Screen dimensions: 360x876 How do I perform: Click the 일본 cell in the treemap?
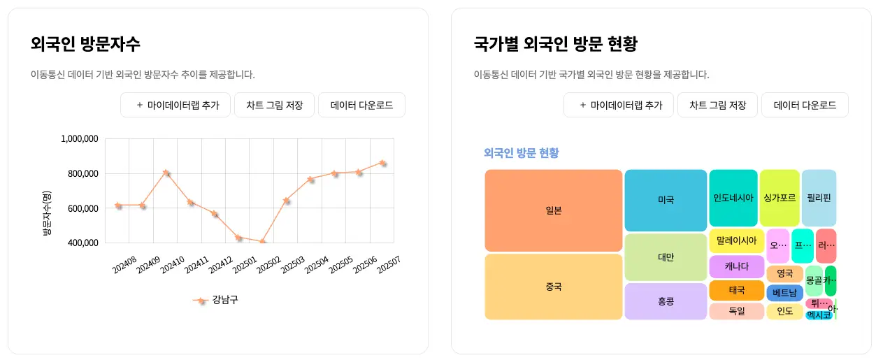tap(553, 210)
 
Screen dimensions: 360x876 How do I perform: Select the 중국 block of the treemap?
tap(553, 287)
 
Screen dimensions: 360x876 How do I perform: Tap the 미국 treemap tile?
tap(666, 200)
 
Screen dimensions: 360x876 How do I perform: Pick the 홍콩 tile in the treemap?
tap(666, 301)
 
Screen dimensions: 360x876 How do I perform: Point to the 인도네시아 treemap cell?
tap(733, 198)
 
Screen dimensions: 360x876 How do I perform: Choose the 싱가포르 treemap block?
tap(780, 198)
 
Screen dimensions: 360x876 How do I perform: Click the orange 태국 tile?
tap(737, 290)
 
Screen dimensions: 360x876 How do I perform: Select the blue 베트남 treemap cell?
tap(784, 293)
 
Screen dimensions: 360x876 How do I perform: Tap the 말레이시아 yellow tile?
tap(737, 240)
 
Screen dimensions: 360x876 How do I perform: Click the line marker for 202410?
tap(166, 172)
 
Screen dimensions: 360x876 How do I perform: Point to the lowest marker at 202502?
tap(263, 242)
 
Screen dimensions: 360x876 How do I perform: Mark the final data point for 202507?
tap(382, 163)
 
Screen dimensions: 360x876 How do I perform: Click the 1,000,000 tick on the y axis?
tap(80, 139)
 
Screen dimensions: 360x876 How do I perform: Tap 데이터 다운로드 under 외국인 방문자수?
tap(361, 106)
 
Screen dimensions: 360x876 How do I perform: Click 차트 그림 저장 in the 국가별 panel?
tap(717, 106)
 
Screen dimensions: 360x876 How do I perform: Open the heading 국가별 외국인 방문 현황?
tap(555, 44)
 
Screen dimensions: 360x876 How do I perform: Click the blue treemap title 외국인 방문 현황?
tap(521, 153)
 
